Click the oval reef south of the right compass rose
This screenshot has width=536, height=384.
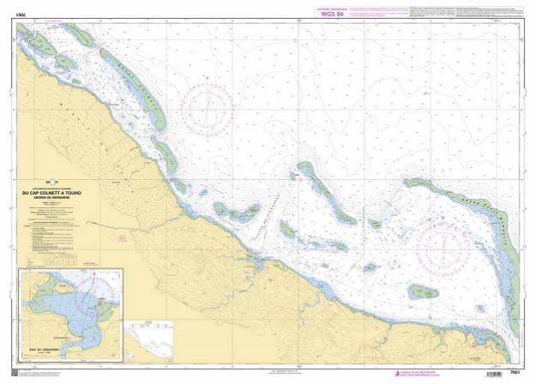[423, 292]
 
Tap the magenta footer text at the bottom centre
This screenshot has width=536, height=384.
[283, 371]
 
